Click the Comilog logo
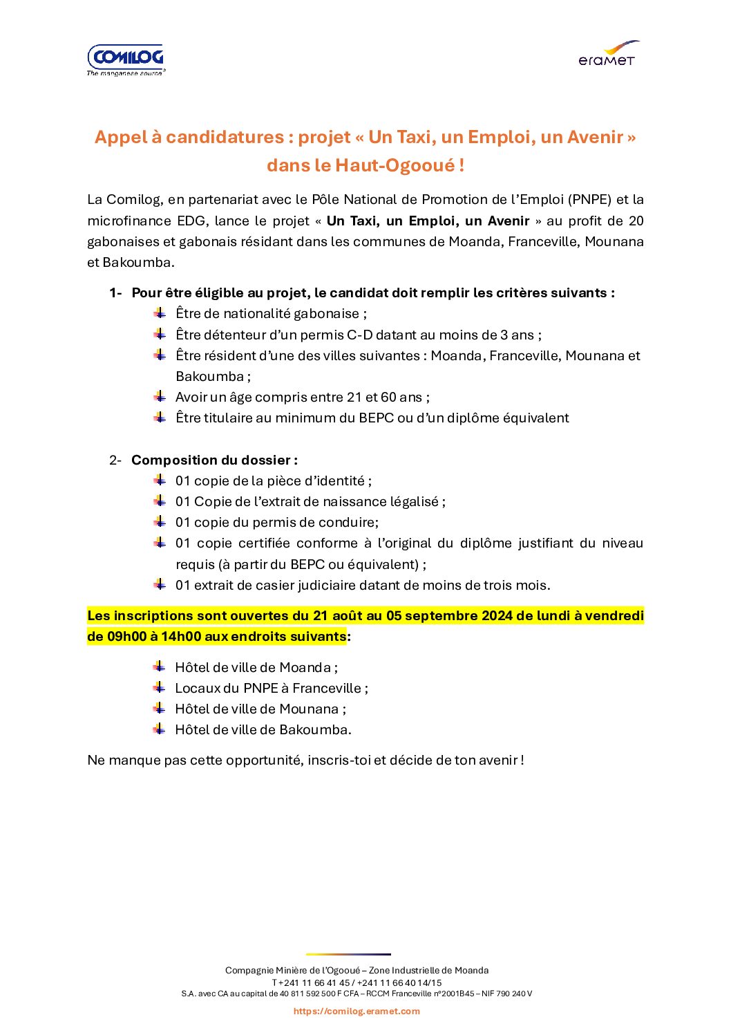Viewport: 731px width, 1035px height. [126, 59]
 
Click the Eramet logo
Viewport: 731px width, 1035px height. [608, 54]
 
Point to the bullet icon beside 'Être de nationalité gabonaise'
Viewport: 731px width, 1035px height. [160, 313]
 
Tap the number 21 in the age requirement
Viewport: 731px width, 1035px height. [354, 398]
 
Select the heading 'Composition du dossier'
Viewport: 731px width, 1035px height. [214, 460]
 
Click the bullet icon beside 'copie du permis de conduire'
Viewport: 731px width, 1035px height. [160, 522]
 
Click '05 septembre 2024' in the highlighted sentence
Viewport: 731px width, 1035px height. [449, 616]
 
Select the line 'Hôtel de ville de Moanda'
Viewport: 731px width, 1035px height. [256, 668]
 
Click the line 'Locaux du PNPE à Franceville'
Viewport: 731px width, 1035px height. [271, 689]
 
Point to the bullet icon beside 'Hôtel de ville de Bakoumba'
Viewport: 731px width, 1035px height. [160, 729]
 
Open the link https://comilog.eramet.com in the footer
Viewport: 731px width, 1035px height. [357, 1011]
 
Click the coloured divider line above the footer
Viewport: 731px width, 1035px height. [348, 955]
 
